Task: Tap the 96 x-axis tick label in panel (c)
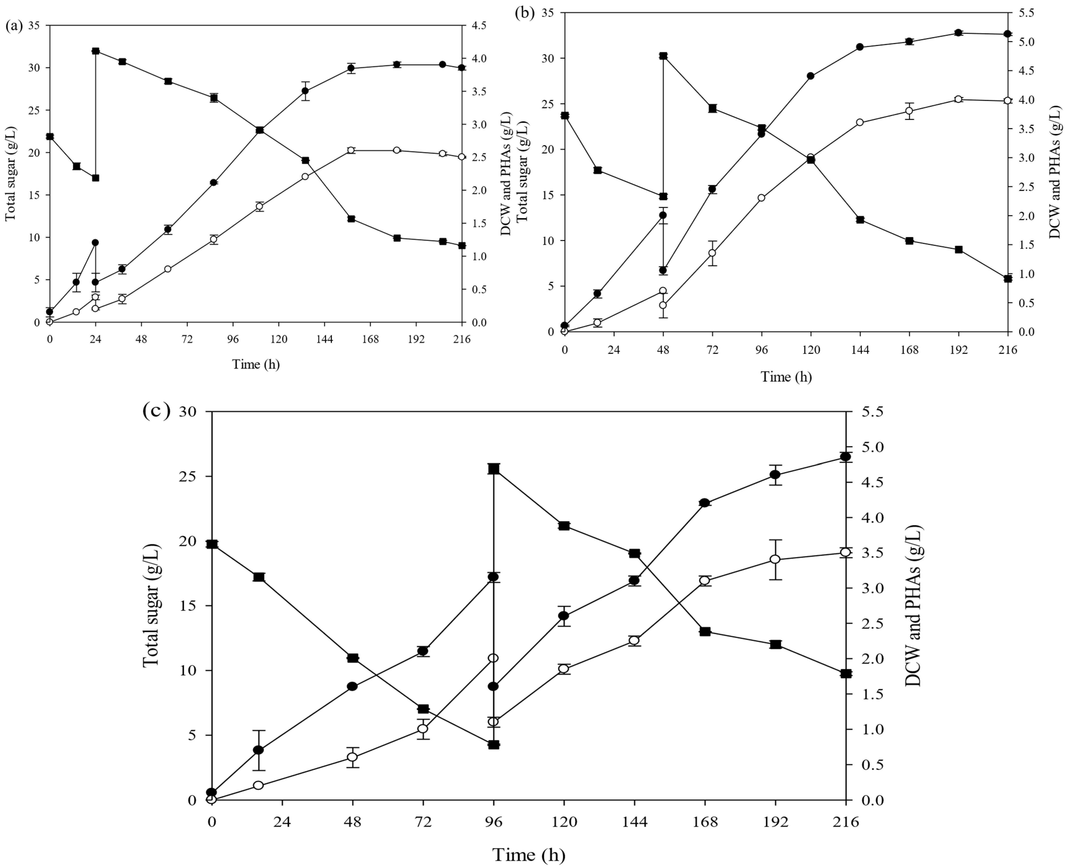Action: [494, 822]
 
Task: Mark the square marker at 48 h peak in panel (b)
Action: [663, 56]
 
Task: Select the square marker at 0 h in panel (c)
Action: [212, 544]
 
